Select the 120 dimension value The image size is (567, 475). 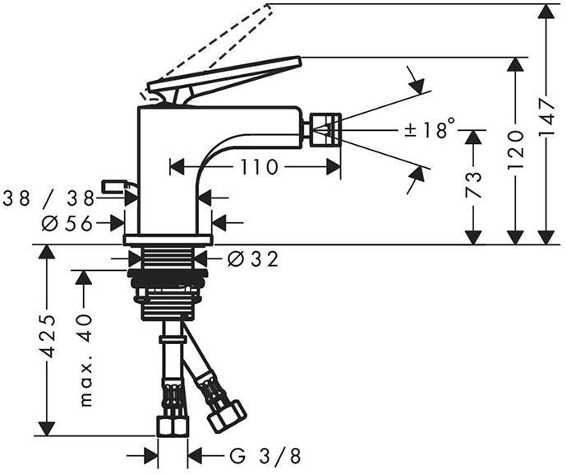point(516,149)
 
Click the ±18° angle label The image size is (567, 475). point(429,130)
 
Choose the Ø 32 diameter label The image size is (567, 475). point(252,259)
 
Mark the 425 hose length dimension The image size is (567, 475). point(48,335)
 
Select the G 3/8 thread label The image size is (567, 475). point(265,454)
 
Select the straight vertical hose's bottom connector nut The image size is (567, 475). point(173,425)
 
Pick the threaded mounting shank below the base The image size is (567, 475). point(168,285)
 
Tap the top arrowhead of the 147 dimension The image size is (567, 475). point(546,12)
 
